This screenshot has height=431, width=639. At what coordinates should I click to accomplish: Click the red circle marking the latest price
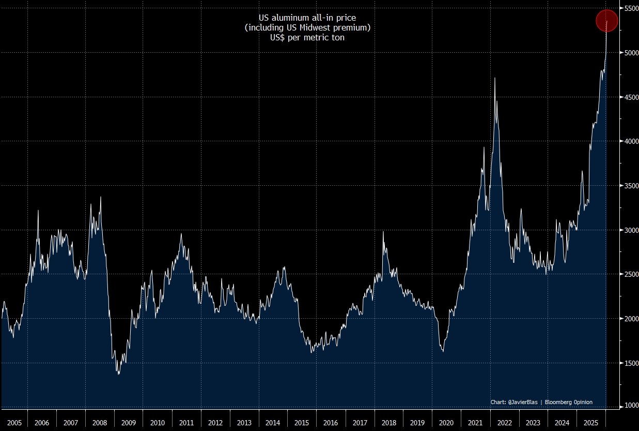[x=607, y=21]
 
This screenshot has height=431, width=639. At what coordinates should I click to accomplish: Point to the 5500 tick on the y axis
[x=629, y=9]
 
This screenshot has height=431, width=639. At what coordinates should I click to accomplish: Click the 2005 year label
[x=14, y=423]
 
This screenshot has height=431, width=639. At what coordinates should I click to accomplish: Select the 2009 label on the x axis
[x=129, y=423]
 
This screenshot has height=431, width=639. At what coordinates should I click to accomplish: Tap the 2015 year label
[x=302, y=423]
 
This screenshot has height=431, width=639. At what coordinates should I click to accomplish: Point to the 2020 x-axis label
[x=445, y=423]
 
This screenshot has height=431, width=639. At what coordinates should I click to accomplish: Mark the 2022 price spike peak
[x=495, y=78]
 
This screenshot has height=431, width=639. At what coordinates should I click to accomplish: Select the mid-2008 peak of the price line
[x=100, y=197]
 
